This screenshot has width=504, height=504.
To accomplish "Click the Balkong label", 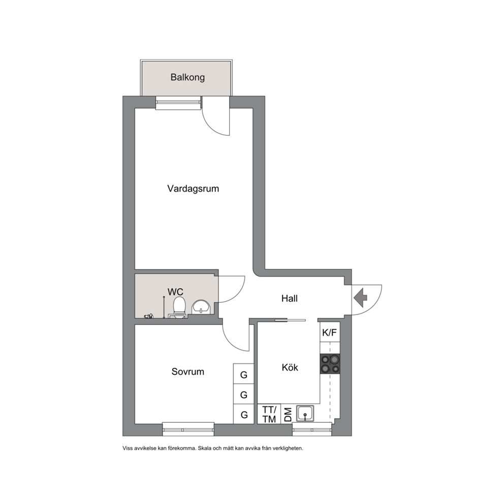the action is pos(187,77).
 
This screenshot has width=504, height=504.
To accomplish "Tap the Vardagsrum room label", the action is pos(193,188).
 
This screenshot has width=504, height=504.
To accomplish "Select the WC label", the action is pos(175,292).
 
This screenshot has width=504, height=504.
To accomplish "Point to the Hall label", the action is pos(290,298).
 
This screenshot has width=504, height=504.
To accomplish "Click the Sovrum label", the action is pos(187,371).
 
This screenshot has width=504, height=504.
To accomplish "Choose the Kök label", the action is pos(290,367).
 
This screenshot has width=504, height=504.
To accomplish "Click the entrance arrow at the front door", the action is pos(361,298).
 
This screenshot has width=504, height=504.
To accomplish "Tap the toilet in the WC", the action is pos(179,307).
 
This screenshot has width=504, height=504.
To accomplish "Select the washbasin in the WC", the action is pos(201,307).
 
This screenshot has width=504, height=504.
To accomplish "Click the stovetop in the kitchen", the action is pos(330,364).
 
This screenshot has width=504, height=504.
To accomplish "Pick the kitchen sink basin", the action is pos(305,413).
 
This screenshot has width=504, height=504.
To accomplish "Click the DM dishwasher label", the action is pos(288,414).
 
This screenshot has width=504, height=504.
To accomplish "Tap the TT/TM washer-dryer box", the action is pos(269,414).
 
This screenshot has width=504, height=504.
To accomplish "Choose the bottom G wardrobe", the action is pos(244,414).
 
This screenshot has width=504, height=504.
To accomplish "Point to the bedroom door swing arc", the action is pos(231,343).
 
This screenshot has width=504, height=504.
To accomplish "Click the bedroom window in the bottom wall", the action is pos(188,429).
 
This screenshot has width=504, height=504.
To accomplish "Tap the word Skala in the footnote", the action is pos(204,448).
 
